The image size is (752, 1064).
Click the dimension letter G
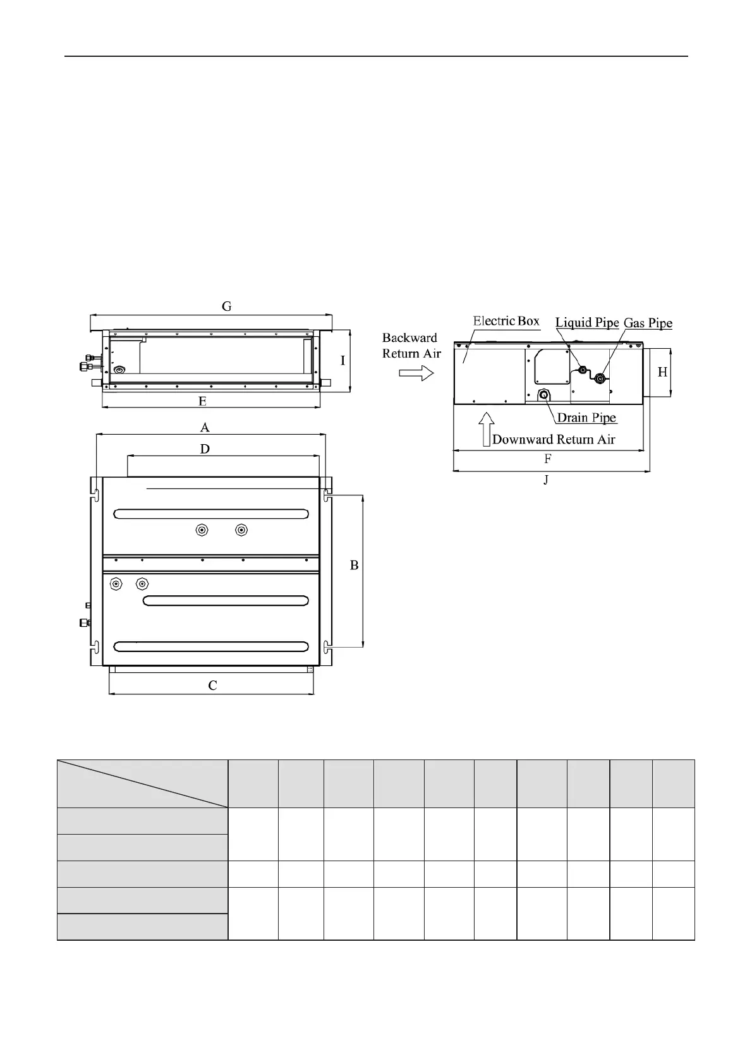click(x=226, y=306)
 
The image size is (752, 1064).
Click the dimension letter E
click(x=202, y=401)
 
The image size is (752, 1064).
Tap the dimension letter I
click(x=343, y=361)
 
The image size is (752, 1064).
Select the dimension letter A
click(x=205, y=428)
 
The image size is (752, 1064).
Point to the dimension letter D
click(x=205, y=449)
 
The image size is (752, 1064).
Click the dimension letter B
click(x=355, y=565)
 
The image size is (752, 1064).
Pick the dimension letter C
click(x=213, y=686)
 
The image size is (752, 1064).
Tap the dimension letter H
click(x=662, y=372)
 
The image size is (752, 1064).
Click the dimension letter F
click(x=548, y=459)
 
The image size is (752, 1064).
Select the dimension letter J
click(x=546, y=480)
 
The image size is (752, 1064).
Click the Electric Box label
click(x=506, y=321)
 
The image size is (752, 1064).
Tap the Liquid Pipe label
click(x=587, y=323)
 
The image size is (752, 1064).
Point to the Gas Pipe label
click(x=648, y=323)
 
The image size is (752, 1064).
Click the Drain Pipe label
click(x=586, y=418)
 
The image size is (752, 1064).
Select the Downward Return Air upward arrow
click(x=485, y=428)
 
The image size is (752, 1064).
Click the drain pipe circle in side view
click(x=543, y=394)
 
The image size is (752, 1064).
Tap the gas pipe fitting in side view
click(x=600, y=378)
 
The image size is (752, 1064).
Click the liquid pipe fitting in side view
click(x=583, y=370)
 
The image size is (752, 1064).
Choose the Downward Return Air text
click(x=554, y=440)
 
